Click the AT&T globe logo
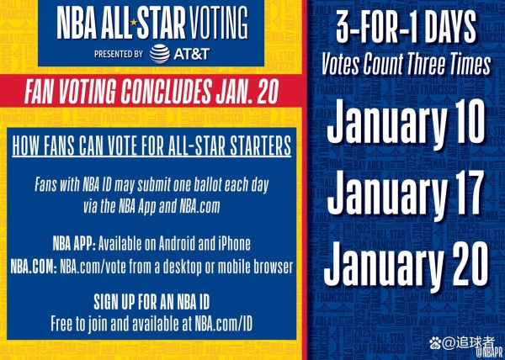point(160,54)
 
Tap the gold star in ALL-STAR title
point(134,22)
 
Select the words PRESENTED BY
point(119,54)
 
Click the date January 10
point(406,123)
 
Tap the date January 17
point(405,194)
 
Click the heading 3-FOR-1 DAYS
point(406,26)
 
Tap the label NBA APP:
point(74,245)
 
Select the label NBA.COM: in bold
point(34,267)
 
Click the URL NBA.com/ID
point(223,324)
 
